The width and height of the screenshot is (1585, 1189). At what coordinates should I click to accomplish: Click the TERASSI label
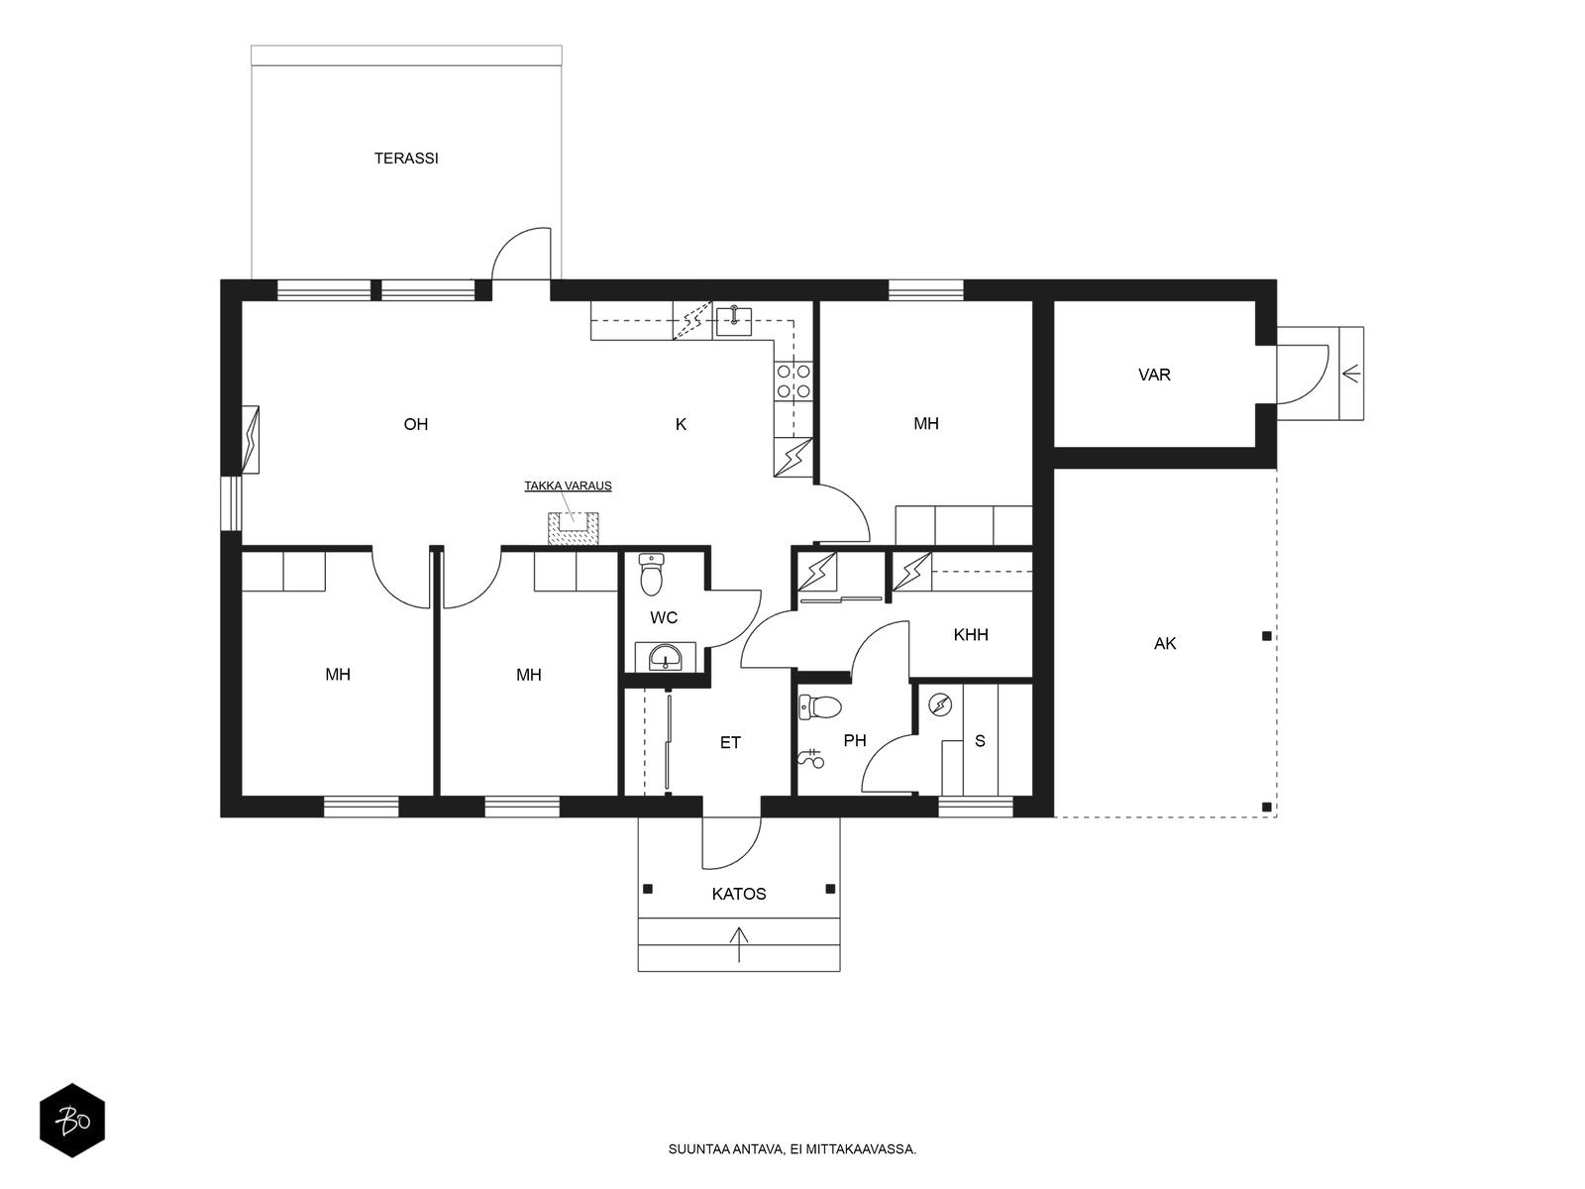tap(406, 159)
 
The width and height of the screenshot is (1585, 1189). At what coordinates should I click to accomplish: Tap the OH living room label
tap(416, 424)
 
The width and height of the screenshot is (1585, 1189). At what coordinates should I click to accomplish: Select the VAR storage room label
tap(1154, 375)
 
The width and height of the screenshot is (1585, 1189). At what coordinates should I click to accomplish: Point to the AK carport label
tap(1165, 643)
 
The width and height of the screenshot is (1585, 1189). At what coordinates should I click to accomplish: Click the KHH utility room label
tap(971, 635)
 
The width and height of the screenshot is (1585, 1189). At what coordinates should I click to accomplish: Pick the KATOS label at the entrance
tap(739, 894)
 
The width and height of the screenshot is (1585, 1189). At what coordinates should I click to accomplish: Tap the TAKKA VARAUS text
tap(568, 486)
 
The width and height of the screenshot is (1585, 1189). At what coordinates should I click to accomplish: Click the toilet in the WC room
tap(651, 575)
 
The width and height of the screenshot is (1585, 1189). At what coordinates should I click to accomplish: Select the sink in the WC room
tap(665, 656)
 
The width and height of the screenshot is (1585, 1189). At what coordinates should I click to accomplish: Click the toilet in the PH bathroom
tap(820, 706)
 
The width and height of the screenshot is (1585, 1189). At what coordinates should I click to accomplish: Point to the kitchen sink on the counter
tap(734, 321)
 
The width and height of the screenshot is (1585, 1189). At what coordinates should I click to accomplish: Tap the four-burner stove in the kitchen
tap(792, 381)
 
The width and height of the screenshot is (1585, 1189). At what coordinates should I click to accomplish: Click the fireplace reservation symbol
tap(574, 528)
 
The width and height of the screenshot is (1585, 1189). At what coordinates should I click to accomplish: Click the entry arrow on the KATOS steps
tap(739, 945)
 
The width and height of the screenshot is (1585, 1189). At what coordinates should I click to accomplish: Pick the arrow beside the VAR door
tap(1351, 374)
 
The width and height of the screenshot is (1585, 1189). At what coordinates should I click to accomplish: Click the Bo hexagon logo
tap(72, 1121)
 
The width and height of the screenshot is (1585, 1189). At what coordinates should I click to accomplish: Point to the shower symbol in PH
tap(811, 759)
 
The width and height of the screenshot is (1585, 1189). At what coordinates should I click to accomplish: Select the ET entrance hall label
tap(730, 743)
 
